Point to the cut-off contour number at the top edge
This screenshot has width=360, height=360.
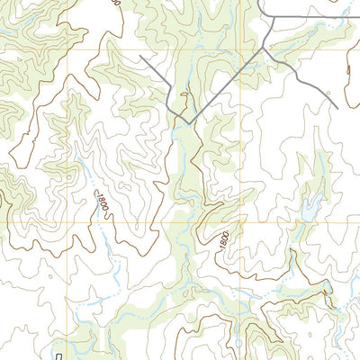coord(116,4)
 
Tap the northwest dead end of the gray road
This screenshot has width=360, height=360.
coord(140,57)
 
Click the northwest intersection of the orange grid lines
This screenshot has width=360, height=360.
coord(68,47)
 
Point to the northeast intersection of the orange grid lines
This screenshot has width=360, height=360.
coord(241,47)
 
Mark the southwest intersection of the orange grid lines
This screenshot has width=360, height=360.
coord(68,221)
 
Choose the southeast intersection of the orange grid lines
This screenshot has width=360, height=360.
coord(241,221)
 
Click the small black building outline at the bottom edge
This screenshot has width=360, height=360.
coord(59,356)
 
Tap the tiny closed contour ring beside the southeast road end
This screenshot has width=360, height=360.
coord(329,91)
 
